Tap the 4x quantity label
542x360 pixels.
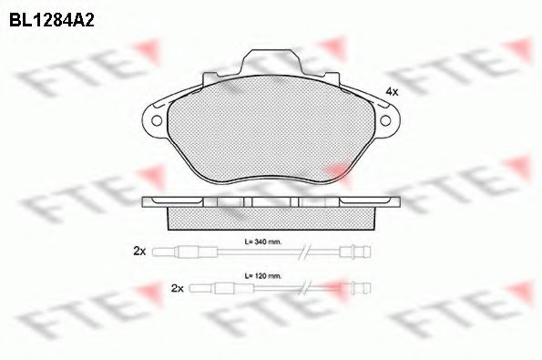[392, 92]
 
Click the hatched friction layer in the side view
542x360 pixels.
[271, 218]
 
